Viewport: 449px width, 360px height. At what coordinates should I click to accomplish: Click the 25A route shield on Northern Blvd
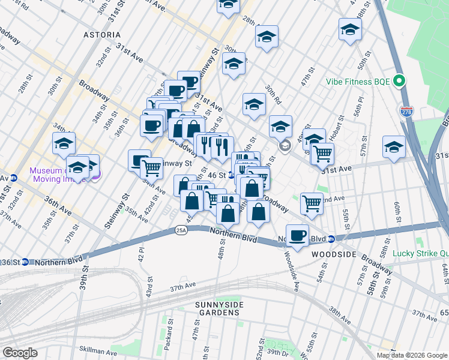(181, 230)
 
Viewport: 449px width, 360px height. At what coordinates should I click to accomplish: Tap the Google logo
(20, 353)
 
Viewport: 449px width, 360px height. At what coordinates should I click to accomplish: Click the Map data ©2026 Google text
(412, 355)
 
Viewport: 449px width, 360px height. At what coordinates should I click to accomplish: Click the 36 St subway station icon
(25, 262)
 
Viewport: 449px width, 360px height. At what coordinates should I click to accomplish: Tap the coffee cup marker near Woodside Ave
(297, 235)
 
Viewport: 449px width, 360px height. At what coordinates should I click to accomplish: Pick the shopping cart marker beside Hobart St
(323, 154)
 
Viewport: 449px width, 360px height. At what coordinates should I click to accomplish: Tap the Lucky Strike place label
(420, 253)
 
